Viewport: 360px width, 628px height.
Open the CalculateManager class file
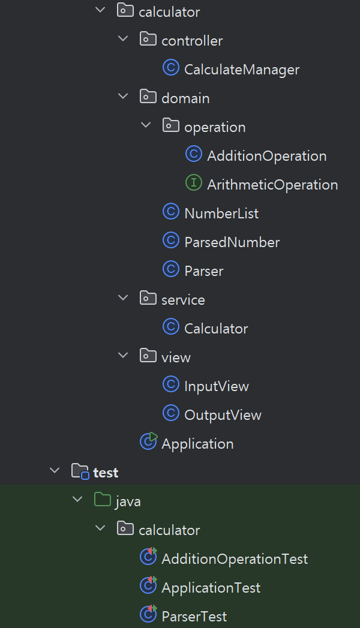coord(241,70)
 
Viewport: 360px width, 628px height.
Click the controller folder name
coord(192,41)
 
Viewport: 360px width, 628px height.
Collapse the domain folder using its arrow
coord(123,97)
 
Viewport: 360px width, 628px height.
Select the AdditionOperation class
coord(266,156)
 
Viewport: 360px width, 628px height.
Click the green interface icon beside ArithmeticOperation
coord(193,182)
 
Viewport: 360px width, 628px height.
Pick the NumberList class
coord(221,214)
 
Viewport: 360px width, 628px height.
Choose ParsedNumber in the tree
coord(232,242)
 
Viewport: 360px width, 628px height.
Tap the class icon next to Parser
coord(171,269)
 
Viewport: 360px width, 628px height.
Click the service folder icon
coord(148,298)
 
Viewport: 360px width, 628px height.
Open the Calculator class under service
coord(216,329)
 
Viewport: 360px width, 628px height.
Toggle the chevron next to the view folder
coord(123,355)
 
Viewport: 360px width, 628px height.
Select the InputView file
coord(216,386)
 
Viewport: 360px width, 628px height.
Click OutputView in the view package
coord(223,415)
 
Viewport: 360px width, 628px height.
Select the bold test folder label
coord(106,473)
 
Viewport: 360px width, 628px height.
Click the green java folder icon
coord(102,500)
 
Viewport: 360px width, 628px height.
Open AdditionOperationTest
coord(235,559)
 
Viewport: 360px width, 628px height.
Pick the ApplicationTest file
coord(211,588)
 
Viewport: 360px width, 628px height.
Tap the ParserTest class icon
coord(148,614)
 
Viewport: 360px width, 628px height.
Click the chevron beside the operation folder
coord(146,125)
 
